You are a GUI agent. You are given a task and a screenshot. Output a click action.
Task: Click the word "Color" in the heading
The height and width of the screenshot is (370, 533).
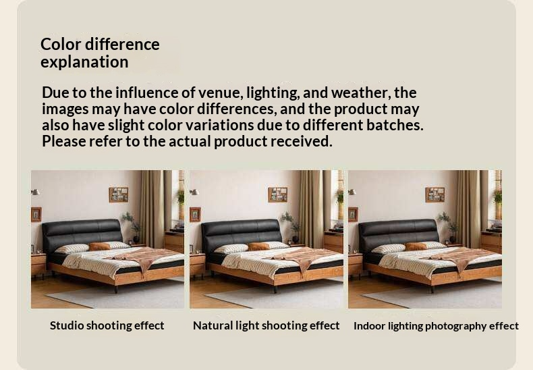coord(61,44)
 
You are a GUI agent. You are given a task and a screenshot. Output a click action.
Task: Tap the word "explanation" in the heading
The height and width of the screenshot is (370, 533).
coord(84,62)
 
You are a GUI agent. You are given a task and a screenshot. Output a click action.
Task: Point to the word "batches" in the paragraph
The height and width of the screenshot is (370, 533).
coord(395,125)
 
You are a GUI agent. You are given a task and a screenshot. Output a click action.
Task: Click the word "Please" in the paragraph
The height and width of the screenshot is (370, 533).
coord(63,141)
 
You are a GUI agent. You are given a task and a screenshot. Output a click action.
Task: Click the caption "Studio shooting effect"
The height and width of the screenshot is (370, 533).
coord(107,325)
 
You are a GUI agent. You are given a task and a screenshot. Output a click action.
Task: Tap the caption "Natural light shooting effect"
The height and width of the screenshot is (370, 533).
coord(266,325)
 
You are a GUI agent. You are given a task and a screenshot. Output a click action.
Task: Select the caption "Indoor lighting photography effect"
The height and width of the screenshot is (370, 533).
coord(436,326)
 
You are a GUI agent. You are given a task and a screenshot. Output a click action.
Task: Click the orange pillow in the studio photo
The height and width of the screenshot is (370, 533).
coord(99,246)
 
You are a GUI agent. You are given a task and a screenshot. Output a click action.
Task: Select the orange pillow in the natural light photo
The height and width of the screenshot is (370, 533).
coord(258,246)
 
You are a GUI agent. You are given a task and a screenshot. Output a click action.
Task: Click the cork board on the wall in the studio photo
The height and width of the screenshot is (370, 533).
coord(119,195)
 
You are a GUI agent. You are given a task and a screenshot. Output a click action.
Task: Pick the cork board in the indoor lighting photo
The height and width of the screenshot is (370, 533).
coord(434,195)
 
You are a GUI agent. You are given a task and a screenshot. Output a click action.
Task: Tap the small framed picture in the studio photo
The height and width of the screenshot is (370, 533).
coord(36,215)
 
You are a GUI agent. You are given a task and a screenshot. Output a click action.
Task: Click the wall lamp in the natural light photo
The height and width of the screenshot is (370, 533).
coord(194,192)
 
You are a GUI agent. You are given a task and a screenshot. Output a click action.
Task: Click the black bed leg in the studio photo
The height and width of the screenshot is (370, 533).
coord(116,289)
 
